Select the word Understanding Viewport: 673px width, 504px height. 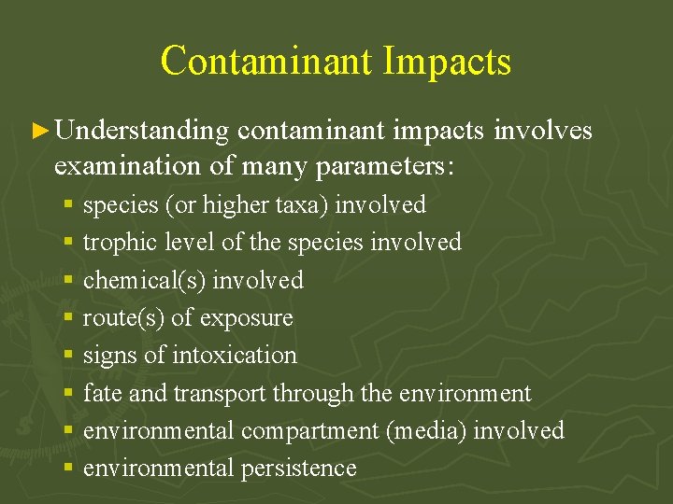click(142, 132)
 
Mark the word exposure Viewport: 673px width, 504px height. click(245, 318)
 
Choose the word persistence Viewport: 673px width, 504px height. click(300, 468)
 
